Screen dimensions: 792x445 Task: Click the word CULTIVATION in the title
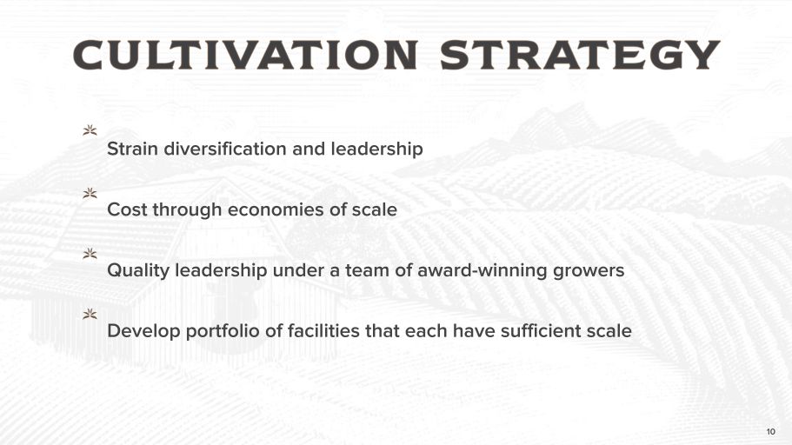pyautogui.click(x=246, y=55)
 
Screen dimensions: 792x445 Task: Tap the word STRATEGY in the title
pyautogui.click(x=580, y=55)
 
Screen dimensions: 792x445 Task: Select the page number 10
pyautogui.click(x=771, y=431)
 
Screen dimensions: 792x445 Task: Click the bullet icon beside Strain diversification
pyautogui.click(x=90, y=130)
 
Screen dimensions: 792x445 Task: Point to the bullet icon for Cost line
pyautogui.click(x=90, y=193)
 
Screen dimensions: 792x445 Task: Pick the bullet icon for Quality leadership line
pyautogui.click(x=90, y=254)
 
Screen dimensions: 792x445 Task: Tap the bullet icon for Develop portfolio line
pyautogui.click(x=90, y=314)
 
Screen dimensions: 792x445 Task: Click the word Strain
pyautogui.click(x=132, y=149)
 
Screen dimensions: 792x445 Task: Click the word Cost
pyautogui.click(x=127, y=209)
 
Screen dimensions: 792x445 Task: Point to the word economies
pyautogui.click(x=276, y=209)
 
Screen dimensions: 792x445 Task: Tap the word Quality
pyautogui.click(x=138, y=271)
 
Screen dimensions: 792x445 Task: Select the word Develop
pyautogui.click(x=143, y=332)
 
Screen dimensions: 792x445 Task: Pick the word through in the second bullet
pyautogui.click(x=188, y=210)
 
